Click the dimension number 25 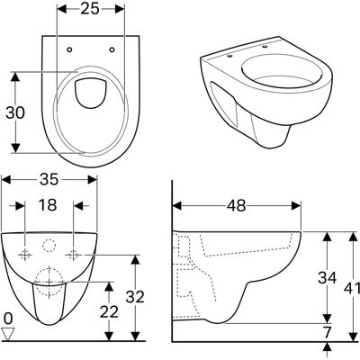point(90,8)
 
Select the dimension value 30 point(15,112)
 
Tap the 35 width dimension point(49,179)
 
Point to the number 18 point(48,205)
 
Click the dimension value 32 point(135,297)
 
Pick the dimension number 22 point(109,312)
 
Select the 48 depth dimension point(236,206)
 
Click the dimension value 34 point(328,277)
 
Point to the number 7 point(328,332)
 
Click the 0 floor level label point(9,319)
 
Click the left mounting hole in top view point(69,49)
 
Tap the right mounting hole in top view point(112,49)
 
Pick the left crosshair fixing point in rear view point(25,255)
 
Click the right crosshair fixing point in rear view point(74,255)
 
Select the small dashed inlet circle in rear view point(49,246)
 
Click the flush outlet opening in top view point(90,93)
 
